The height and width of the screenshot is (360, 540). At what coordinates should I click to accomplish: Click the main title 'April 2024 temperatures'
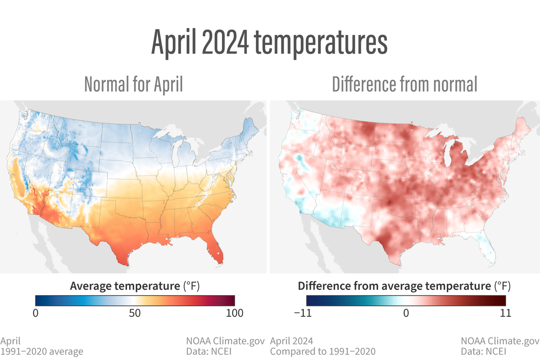[x=270, y=43]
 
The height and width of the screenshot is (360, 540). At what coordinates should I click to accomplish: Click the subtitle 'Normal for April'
[x=134, y=84]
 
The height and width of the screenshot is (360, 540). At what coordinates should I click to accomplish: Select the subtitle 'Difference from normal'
[x=405, y=84]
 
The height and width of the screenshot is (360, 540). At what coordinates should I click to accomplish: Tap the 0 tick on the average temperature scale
[x=35, y=313]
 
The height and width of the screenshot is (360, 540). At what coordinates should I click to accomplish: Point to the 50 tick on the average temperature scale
[x=135, y=313]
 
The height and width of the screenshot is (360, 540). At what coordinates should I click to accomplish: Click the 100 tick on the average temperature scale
[x=234, y=313]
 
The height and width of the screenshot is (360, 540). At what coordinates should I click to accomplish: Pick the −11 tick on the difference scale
[x=306, y=313]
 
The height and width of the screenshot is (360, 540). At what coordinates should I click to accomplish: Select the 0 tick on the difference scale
[x=406, y=313]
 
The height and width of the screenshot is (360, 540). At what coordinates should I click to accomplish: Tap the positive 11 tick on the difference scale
[x=505, y=313]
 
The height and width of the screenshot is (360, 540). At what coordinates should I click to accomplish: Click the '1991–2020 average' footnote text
[x=42, y=351]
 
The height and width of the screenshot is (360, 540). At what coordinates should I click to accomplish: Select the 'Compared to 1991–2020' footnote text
[x=323, y=351]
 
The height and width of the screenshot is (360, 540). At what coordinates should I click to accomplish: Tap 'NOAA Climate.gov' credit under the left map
[x=225, y=341]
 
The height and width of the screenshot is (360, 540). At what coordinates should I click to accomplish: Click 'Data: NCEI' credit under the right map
[x=484, y=351]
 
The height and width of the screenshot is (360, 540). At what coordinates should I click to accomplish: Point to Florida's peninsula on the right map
[x=487, y=251]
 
